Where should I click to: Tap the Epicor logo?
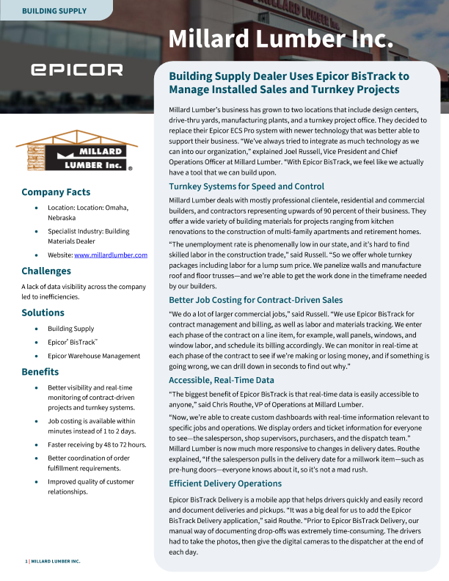76,70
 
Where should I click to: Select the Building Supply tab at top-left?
54,11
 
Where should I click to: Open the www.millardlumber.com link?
111,255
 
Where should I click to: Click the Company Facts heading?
56,193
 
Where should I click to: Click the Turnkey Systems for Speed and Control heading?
247,186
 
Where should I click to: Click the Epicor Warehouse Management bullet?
94,356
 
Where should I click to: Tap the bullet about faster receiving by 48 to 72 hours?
97,445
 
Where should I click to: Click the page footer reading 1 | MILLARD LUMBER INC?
53,561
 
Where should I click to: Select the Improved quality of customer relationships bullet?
91,486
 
